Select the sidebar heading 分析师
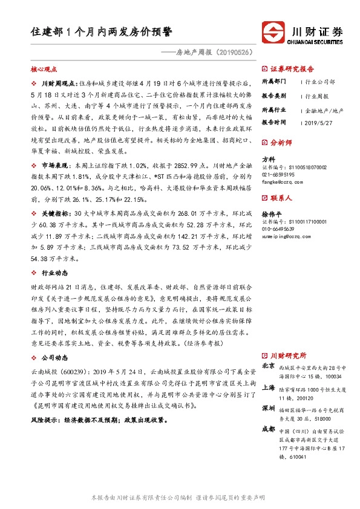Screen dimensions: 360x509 tap(280, 143)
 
